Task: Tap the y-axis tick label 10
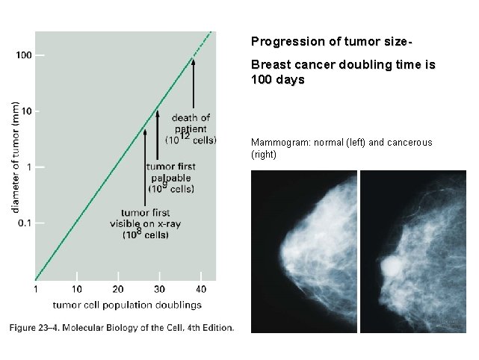(x=26, y=111)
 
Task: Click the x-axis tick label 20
(x=117, y=288)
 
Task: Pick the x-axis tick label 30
(x=159, y=288)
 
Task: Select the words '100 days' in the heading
(x=278, y=78)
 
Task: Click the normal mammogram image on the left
(x=303, y=252)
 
